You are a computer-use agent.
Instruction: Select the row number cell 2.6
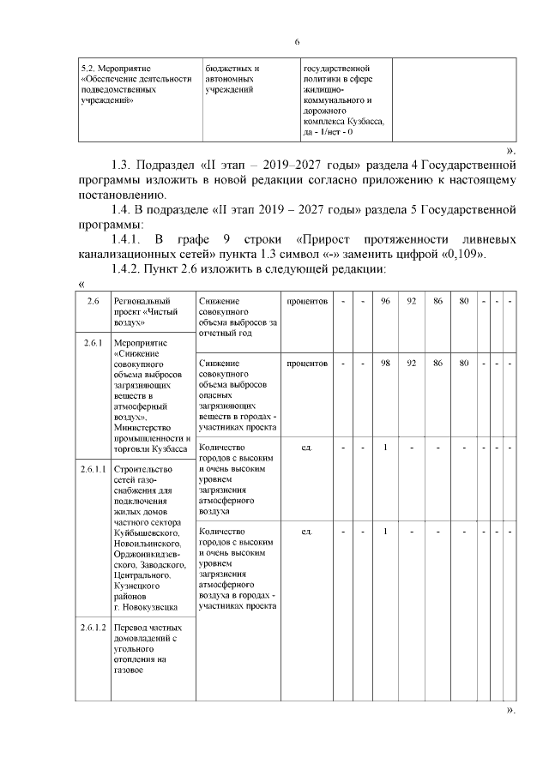tap(93, 301)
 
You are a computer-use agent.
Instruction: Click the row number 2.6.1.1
tap(93, 469)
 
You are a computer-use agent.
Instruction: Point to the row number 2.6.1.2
tap(93, 628)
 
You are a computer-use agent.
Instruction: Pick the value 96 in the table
tap(386, 301)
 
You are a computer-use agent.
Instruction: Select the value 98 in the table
tap(386, 364)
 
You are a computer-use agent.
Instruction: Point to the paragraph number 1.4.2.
tap(130, 270)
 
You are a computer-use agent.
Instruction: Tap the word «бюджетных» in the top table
tap(227, 67)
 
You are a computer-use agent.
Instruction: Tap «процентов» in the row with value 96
tap(307, 301)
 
